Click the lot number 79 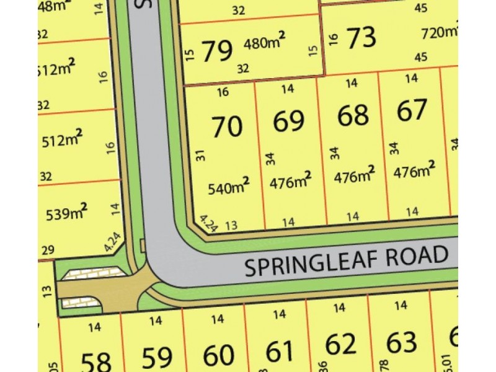[x=216, y=48]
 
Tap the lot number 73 [x=361, y=38]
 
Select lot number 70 [x=226, y=127]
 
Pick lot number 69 [x=289, y=122]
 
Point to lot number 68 [x=353, y=115]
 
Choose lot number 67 [x=412, y=110]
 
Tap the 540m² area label [x=229, y=185]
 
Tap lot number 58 [x=95, y=360]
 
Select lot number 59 [x=157, y=358]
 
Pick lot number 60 [x=219, y=355]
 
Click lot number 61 [x=280, y=352]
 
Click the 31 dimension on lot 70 [x=200, y=156]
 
